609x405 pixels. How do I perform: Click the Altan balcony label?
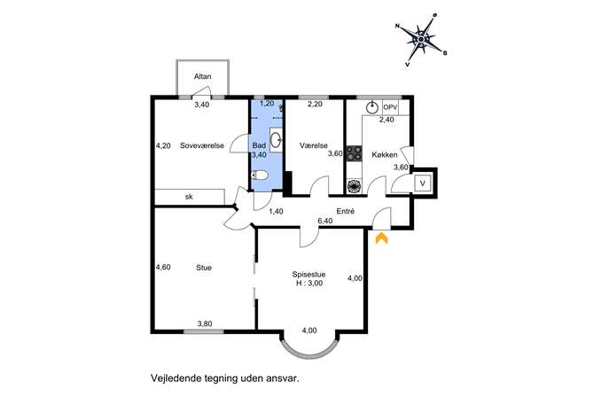pos(202,76)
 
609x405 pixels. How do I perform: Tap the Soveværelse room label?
pos(202,145)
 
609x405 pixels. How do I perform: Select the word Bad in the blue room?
pos(259,145)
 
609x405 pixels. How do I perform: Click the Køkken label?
pos(385,154)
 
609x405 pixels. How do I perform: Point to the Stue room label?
pos(204,268)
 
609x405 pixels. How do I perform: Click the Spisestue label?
pos(309,275)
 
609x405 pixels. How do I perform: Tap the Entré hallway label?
pos(346,211)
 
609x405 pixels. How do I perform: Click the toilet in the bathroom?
pos(260,175)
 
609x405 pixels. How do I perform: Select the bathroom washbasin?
pos(277,140)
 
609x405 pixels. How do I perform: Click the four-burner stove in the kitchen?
pos(355,153)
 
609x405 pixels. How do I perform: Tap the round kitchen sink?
pos(372,107)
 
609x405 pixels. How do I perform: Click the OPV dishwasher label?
pos(390,106)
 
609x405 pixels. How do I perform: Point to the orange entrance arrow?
pos(381,238)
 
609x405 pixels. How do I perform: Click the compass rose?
pos(421,40)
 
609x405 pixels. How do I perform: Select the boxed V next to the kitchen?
pos(423,183)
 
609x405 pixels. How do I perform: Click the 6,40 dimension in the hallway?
pos(325,221)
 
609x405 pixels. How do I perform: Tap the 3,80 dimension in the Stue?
pos(205,323)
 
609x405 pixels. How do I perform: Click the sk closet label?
pos(189,197)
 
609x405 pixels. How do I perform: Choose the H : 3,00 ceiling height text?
pos(309,283)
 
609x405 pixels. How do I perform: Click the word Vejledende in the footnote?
pos(176,378)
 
